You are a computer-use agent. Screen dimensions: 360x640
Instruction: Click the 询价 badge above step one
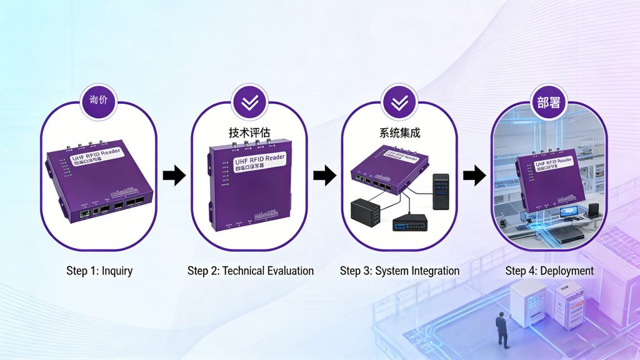(99, 100)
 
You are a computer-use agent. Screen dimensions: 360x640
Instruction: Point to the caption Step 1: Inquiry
(99, 271)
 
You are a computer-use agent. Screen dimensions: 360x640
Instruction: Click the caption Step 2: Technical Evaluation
(251, 271)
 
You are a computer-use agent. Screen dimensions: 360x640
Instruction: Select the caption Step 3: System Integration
(399, 271)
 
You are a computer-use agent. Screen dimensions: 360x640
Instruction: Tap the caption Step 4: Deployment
(549, 271)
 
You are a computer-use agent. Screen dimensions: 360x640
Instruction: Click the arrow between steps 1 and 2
(174, 176)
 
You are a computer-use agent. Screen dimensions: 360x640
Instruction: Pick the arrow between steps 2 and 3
(324, 176)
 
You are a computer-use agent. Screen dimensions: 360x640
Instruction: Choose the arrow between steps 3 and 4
(475, 176)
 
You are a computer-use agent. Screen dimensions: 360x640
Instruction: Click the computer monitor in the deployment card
(570, 212)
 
